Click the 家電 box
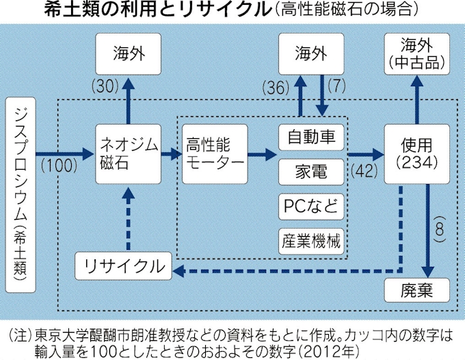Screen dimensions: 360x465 310,171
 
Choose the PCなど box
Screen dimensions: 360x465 310,205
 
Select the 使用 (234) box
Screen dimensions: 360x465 416,153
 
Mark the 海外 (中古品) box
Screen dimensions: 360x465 416,55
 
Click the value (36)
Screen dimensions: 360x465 278,88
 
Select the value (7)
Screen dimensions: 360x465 338,88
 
